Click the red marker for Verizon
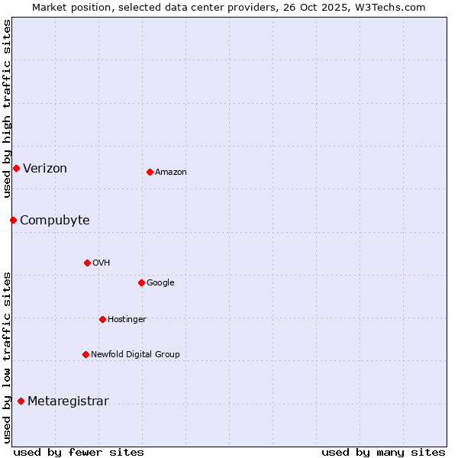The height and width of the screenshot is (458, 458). click(x=16, y=168)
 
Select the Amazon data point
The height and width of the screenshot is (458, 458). click(x=150, y=172)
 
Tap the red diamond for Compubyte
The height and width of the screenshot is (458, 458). click(x=13, y=220)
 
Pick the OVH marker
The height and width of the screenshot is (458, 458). click(x=87, y=263)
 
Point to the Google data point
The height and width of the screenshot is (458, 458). click(x=141, y=282)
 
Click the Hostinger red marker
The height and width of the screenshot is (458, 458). click(x=102, y=319)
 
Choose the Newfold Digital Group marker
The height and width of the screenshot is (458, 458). click(x=85, y=354)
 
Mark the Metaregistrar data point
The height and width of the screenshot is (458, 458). click(x=21, y=401)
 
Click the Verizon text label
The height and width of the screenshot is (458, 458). click(x=45, y=169)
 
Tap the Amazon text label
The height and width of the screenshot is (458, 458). click(x=171, y=173)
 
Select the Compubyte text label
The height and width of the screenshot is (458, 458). click(x=55, y=221)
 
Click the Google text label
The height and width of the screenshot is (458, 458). click(x=160, y=283)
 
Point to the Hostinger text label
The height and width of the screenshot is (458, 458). click(x=127, y=320)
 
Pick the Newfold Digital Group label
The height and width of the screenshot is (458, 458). click(x=136, y=355)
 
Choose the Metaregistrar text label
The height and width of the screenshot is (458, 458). click(x=69, y=402)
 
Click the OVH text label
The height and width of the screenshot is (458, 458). click(x=102, y=263)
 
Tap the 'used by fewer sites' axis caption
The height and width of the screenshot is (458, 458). click(x=79, y=452)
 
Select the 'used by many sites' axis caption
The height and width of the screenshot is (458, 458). click(x=383, y=452)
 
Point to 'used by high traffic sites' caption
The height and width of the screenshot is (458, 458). click(x=7, y=108)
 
